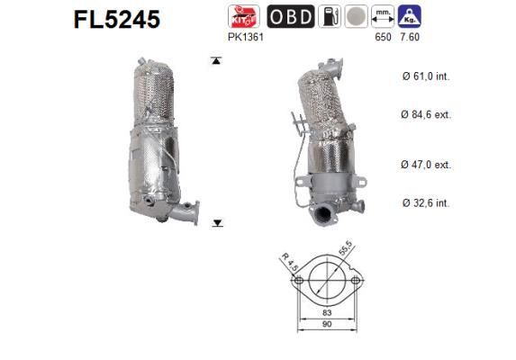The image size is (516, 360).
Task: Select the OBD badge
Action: point(291,16)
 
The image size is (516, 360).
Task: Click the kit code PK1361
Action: point(247,40)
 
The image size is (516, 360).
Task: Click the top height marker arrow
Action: point(216,61)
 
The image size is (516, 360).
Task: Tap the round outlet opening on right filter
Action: point(321,215)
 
